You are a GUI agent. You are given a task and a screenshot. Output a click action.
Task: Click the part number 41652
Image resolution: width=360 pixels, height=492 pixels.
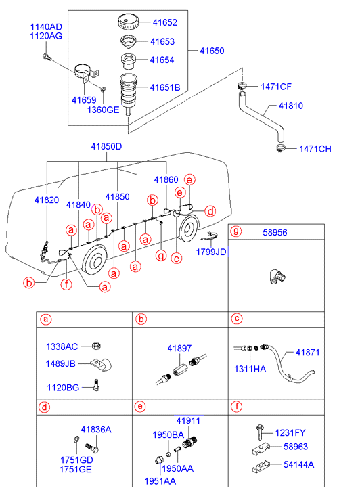[165, 22]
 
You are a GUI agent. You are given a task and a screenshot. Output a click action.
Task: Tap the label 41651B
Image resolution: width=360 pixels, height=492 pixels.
[165, 87]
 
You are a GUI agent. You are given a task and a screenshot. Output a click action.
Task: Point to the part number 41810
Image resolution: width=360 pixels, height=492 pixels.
[291, 106]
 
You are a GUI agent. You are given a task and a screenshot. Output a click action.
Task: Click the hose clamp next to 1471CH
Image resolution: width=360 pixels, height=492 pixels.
[281, 148]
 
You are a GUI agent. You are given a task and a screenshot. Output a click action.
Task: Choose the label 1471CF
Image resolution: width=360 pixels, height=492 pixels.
[276, 87]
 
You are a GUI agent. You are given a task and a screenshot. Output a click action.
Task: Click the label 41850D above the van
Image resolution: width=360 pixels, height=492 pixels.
[106, 147]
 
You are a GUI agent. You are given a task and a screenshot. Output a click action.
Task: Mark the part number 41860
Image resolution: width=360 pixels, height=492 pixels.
[166, 180]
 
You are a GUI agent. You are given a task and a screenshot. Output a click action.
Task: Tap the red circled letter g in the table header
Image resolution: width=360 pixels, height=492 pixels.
[236, 231]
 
